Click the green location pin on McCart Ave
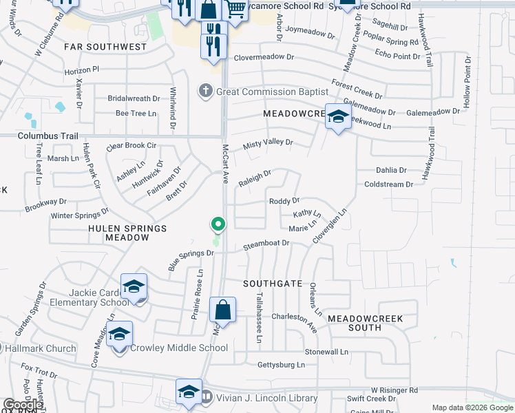218,224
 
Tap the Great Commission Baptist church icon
205,90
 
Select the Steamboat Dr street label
266,243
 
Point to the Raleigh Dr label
255,179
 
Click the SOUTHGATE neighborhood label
273,284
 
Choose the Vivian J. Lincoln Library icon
207,396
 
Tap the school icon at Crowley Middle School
120,335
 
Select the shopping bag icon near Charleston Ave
223,310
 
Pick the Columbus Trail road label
43,136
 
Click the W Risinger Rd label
395,390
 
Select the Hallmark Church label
40,348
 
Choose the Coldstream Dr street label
388,184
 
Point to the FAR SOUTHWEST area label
105,47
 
